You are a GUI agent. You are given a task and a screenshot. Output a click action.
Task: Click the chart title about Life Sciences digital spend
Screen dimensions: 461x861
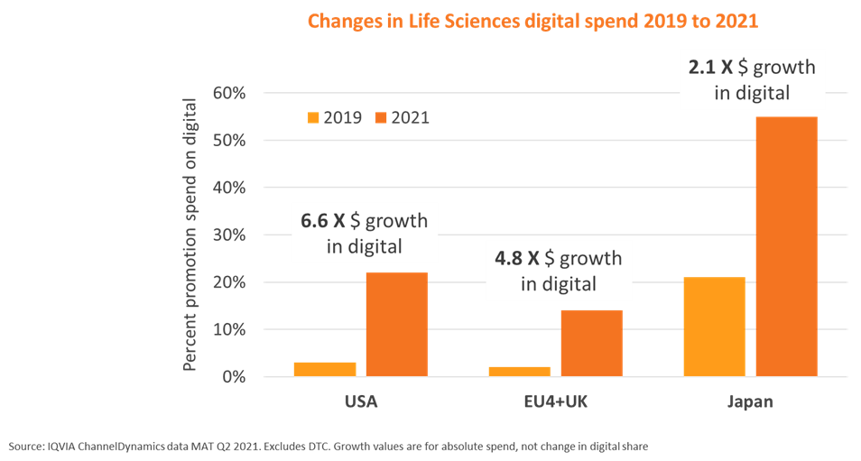[532, 21]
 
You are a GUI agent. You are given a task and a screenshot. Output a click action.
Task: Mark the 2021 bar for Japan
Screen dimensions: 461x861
[786, 246]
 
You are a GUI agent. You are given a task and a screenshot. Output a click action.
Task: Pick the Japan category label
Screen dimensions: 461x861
[750, 401]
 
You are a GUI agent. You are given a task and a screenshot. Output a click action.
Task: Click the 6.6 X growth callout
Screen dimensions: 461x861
[359, 233]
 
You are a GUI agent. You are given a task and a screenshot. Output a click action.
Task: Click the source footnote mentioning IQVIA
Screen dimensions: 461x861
[329, 447]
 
